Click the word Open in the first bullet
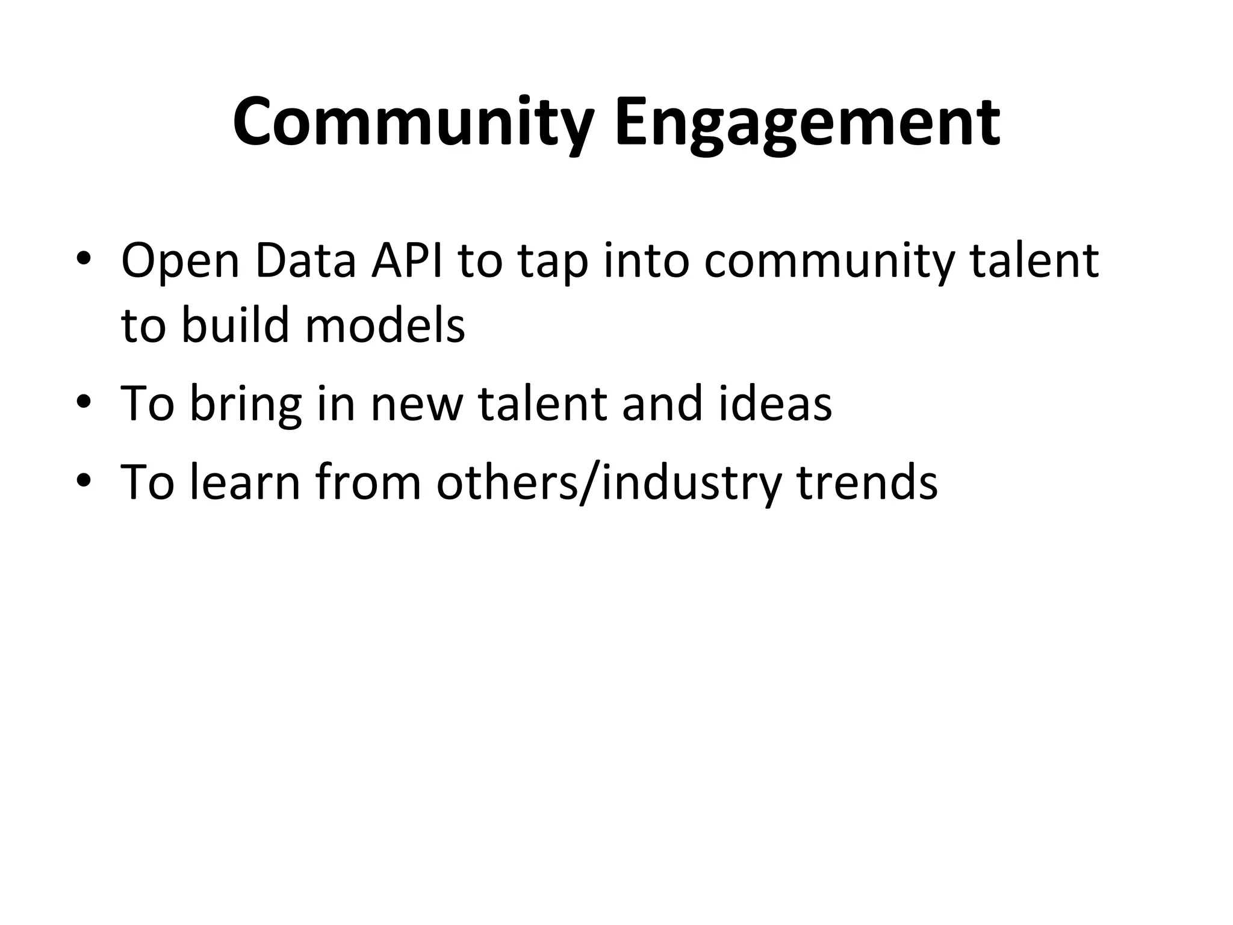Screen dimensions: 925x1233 [x=181, y=262]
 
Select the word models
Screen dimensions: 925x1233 [x=385, y=325]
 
